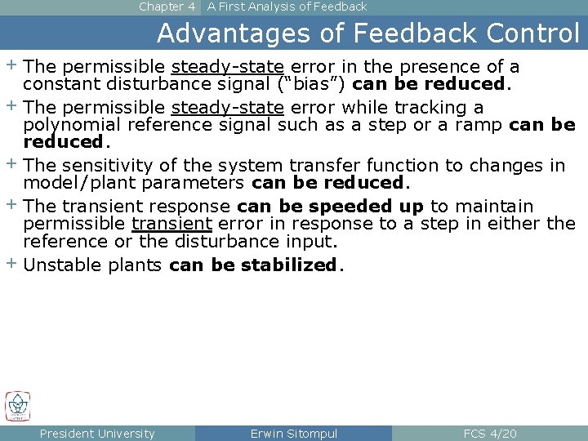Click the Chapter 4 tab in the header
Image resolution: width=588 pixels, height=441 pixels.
[167, 7]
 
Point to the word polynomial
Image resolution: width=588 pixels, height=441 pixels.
[69, 125]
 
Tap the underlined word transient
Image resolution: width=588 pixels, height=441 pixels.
[171, 224]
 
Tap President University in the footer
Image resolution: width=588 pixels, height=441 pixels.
[97, 434]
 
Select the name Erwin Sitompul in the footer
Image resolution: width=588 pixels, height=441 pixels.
[293, 434]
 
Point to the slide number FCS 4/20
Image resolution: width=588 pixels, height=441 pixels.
[489, 434]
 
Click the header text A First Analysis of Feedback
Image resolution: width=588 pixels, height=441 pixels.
[287, 7]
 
